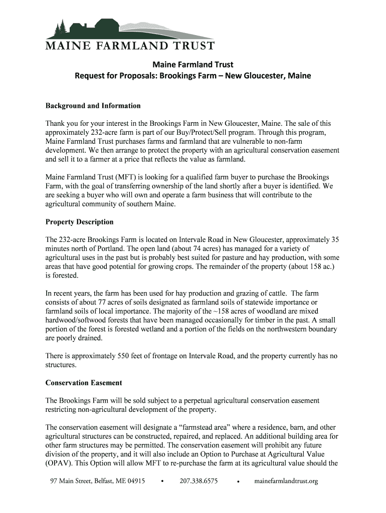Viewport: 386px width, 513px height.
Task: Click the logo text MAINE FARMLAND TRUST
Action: click(x=130, y=47)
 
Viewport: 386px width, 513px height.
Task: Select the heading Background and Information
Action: click(x=93, y=106)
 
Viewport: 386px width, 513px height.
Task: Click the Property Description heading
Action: click(x=79, y=222)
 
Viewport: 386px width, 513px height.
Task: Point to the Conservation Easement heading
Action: click(x=84, y=383)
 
